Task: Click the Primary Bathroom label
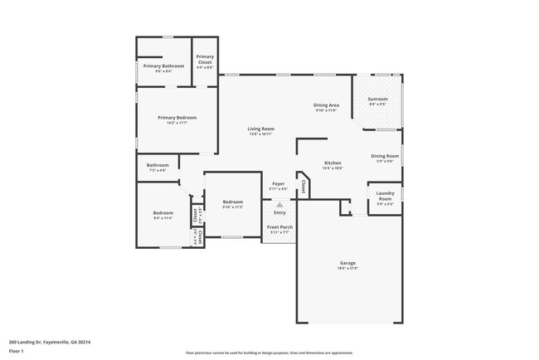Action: [x=163, y=66]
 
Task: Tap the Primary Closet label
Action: [x=205, y=59]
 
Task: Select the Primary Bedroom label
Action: [x=177, y=118]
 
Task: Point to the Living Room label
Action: [x=261, y=129]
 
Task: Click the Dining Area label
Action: [x=326, y=105]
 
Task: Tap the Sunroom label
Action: [x=377, y=100]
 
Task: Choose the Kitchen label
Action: [x=333, y=163]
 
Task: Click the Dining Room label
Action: [x=385, y=156]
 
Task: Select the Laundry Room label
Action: [x=385, y=197]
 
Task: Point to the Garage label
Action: [x=347, y=263]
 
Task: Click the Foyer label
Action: [x=279, y=183]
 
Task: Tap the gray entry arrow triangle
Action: [x=279, y=203]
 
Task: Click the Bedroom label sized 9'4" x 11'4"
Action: [x=163, y=213]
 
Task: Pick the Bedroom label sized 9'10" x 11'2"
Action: [x=232, y=202]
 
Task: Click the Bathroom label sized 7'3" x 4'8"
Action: [x=158, y=165]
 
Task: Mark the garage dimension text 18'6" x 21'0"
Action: [x=347, y=268]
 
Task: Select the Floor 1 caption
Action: [x=17, y=351]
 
